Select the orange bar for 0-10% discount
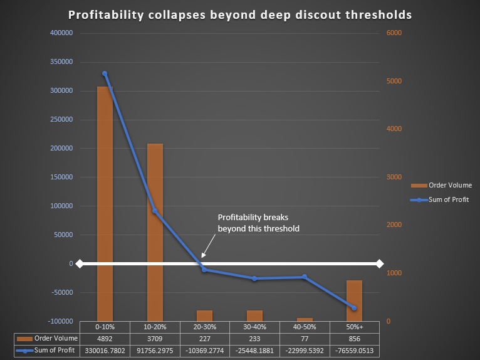tap(105, 207)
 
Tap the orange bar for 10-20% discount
tap(155, 232)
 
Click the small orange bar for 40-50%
tap(305, 319)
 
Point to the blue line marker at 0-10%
tap(105, 73)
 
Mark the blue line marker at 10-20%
tap(155, 211)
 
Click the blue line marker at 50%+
tap(354, 308)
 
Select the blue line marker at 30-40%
tap(254, 278)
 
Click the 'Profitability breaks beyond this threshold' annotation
tap(258, 223)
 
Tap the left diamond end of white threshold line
tap(80, 263)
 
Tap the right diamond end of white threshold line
tap(379, 263)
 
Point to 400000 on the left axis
tap(61, 33)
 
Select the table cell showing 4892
tap(105, 339)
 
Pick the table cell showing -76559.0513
tap(354, 351)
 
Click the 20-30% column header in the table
tap(204, 327)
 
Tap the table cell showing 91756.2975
tap(155, 351)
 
